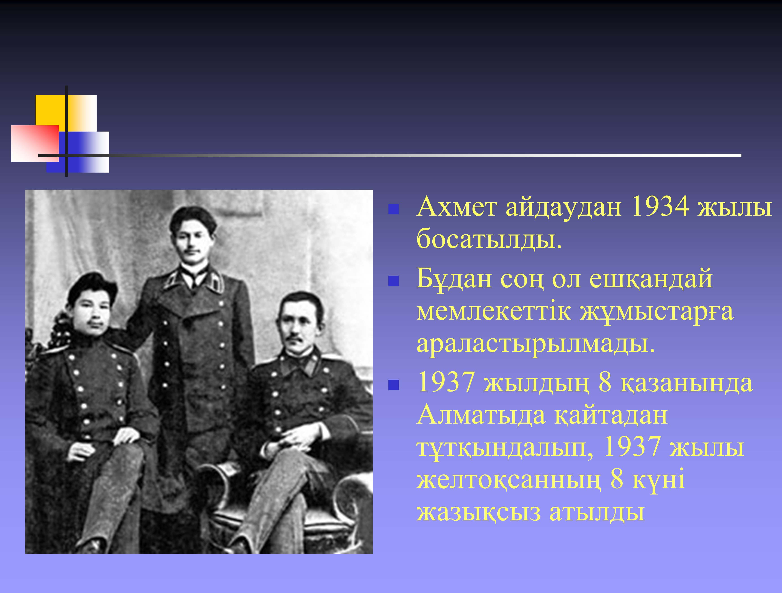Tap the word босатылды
[x=489, y=239]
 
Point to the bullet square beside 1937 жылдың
[x=394, y=385]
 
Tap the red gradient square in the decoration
[x=35, y=143]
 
